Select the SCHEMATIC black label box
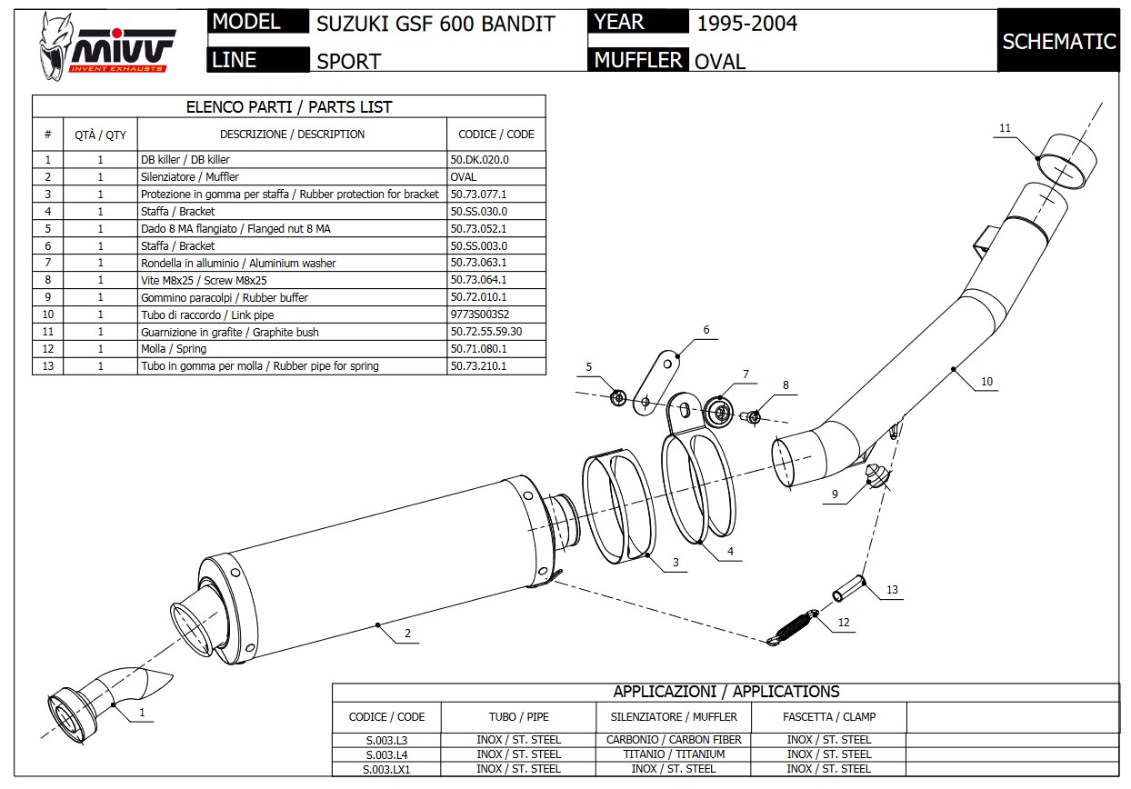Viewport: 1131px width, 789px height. coord(1058,41)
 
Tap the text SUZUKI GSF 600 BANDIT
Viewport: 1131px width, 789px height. coord(435,24)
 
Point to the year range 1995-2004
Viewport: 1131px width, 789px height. coord(746,24)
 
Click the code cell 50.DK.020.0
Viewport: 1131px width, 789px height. coord(479,159)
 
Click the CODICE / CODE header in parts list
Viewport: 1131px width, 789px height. coord(495,135)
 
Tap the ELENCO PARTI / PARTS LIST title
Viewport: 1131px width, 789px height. coord(288,107)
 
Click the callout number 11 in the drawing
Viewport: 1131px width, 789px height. coord(1005,128)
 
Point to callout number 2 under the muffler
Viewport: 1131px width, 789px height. coord(406,634)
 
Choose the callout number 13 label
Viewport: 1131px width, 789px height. coord(892,590)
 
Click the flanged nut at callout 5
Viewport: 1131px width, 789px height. coord(617,396)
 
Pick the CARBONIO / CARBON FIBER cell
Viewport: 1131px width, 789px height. coord(674,740)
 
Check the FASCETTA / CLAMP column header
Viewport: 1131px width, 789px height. coord(829,716)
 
